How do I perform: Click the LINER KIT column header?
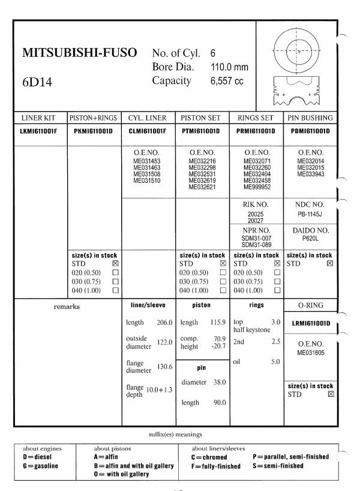(40, 118)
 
